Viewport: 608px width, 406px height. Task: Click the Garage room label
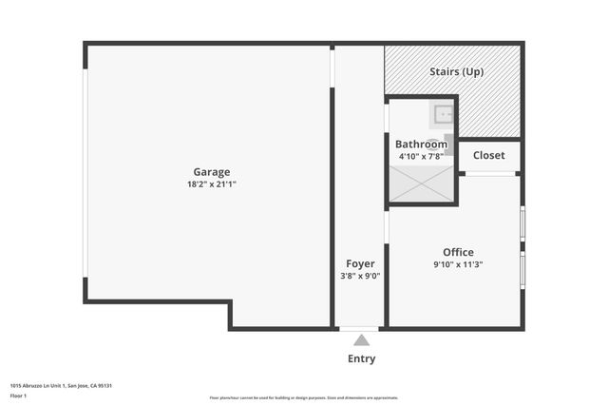coord(212,172)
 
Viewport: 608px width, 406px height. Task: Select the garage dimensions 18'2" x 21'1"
coord(212,184)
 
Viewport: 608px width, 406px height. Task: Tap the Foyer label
coord(360,263)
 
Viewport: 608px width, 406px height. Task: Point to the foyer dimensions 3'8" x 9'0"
coord(360,276)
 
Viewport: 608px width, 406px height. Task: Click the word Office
coord(458,252)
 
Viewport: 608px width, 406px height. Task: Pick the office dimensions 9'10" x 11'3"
coord(458,264)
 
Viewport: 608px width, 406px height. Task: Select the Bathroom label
coord(421,145)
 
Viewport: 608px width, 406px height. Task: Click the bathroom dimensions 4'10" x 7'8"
coord(421,156)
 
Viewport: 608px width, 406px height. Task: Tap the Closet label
coord(488,155)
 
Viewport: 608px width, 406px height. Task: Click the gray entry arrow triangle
coord(361,339)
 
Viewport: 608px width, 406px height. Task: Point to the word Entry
coord(361,358)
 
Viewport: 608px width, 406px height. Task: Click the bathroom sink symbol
coord(444,115)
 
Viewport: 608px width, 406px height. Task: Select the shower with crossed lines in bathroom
coord(422,184)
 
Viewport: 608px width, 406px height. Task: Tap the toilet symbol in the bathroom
coord(448,145)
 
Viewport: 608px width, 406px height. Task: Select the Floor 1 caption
coord(19,395)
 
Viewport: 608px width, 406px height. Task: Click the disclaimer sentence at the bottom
coord(304,397)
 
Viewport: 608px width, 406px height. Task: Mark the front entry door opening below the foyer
coord(359,329)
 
